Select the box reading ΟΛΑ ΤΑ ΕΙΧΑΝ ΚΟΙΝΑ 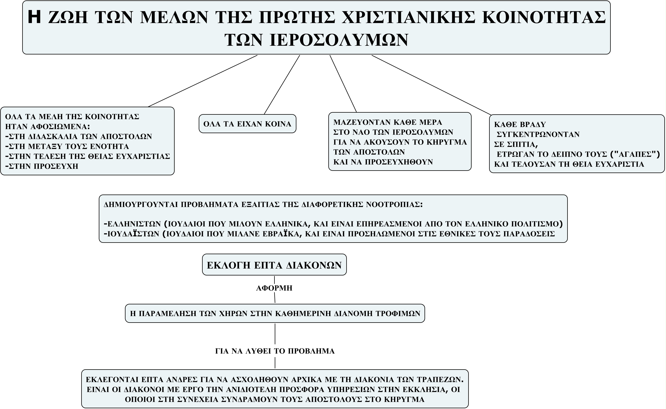(x=247, y=124)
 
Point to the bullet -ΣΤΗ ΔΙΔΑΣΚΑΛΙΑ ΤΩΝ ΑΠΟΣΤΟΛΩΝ (x=79, y=136)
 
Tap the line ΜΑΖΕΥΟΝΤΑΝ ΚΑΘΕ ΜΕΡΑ (x=388, y=122)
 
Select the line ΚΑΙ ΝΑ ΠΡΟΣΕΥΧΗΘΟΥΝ (x=383, y=162)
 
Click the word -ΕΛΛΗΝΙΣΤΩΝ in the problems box (x=133, y=224)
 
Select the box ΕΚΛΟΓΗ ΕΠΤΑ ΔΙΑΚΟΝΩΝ (x=274, y=265)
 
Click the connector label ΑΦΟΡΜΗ (x=274, y=288)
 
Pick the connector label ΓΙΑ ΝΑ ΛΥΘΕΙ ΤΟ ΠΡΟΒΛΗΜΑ (x=275, y=351)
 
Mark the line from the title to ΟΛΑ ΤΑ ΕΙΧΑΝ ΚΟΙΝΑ (x=282, y=85)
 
